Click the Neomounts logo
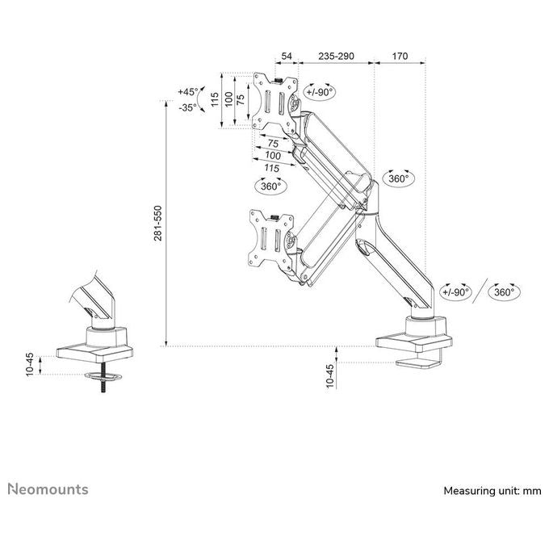(48, 489)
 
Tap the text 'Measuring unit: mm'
(492, 491)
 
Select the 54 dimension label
(287, 56)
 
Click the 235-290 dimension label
(336, 56)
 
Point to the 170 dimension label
(400, 56)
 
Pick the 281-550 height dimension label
(158, 223)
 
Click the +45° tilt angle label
(187, 92)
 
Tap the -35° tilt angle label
(187, 107)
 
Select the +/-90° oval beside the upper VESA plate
(320, 92)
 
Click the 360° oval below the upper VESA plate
(271, 186)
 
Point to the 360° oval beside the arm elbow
(399, 178)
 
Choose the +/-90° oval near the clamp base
(456, 292)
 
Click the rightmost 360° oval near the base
(505, 292)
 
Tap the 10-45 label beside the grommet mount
(30, 364)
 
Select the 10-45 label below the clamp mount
(330, 375)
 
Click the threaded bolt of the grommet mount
(103, 378)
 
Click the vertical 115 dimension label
(215, 99)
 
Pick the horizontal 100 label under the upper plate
(273, 156)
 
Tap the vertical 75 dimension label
(241, 100)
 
